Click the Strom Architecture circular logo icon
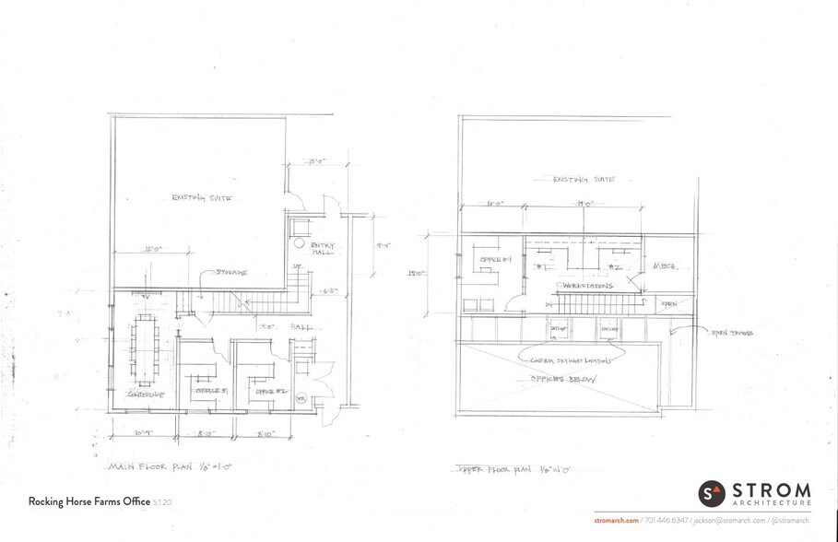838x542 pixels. tap(712, 493)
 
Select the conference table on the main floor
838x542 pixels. tap(146, 348)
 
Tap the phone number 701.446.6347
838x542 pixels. tap(666, 522)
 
